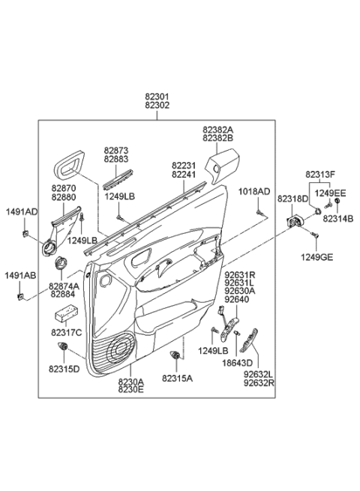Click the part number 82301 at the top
(157, 97)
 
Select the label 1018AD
(256, 191)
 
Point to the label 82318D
(292, 200)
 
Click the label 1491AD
(22, 212)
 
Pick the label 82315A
(178, 379)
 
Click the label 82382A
(217, 130)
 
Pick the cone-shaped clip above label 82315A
(177, 355)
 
